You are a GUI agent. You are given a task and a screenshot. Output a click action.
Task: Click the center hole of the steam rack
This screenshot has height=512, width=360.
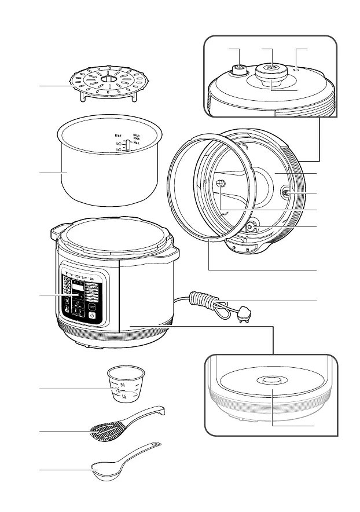pyautogui.click(x=108, y=78)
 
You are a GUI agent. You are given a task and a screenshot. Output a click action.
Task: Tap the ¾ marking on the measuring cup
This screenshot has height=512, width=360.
pyautogui.click(x=123, y=384)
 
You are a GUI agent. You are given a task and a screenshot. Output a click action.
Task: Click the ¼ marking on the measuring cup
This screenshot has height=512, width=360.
pyautogui.click(x=123, y=397)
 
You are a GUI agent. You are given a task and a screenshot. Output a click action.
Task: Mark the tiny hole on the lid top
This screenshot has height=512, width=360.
pyautogui.click(x=296, y=68)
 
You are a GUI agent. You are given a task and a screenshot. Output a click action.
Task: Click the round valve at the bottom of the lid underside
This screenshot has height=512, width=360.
pyautogui.click(x=251, y=227)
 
